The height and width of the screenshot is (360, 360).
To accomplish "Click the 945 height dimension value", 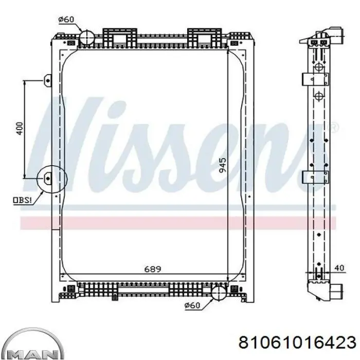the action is point(222,165).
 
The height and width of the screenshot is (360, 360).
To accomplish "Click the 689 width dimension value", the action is point(153,269).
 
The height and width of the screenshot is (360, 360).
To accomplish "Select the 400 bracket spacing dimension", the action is point(20,129).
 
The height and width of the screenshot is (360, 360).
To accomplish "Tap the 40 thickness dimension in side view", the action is point(339,268).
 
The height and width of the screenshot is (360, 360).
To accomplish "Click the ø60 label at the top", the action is point(66,20).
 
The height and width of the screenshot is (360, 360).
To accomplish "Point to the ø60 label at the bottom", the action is point(192,305).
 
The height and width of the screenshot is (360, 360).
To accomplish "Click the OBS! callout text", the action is point(22,200).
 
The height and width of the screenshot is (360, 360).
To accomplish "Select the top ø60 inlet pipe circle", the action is point(87,38).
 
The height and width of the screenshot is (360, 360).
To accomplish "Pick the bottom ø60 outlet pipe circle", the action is point(219,293).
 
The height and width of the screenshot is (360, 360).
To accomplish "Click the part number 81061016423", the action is point(297,343).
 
